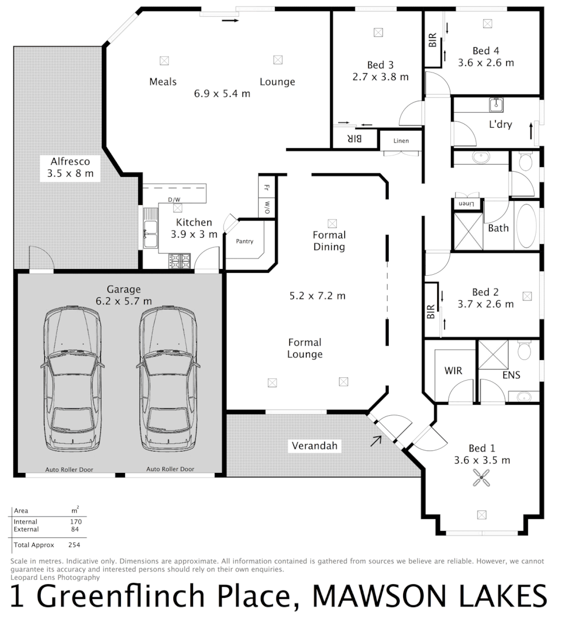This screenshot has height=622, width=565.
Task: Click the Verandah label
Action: point(313,446)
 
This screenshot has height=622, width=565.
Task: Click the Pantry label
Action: point(244,241)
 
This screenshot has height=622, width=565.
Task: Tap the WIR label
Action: point(453,371)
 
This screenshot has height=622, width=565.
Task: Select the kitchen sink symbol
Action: point(150,234)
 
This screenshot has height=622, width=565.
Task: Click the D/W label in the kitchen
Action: point(173,200)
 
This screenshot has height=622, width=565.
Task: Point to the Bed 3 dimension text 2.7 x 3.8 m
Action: point(380,77)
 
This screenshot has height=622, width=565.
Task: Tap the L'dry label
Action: point(500,124)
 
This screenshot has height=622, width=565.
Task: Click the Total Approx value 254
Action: point(74,544)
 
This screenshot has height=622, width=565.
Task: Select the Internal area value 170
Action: point(75,522)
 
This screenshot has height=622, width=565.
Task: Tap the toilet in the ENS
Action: point(524,350)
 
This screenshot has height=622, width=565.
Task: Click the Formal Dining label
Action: point(329,241)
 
